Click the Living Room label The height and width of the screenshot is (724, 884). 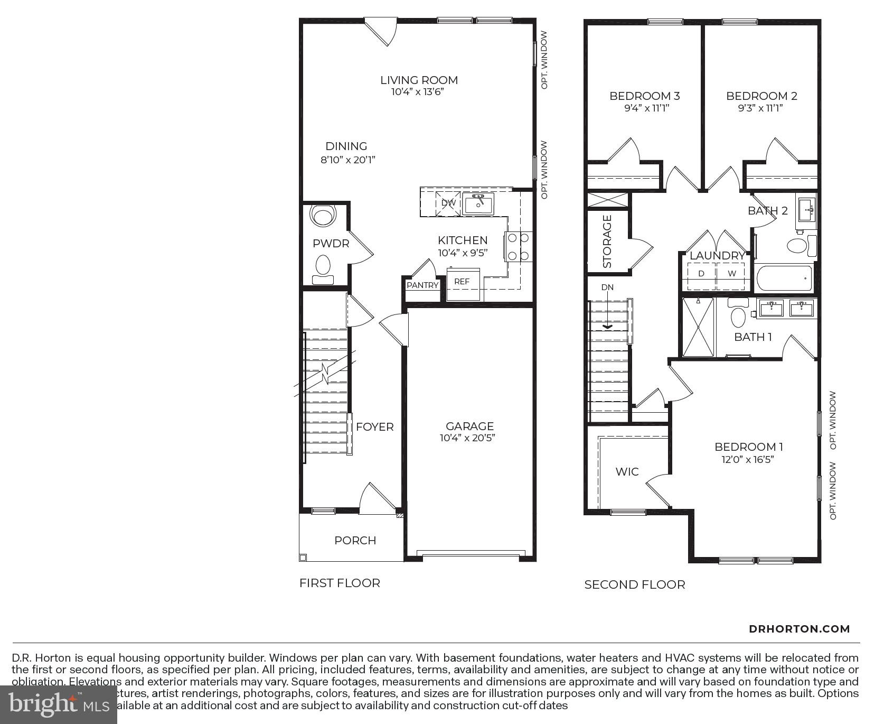click(x=419, y=80)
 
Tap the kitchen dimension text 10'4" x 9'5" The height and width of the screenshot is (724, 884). click(x=462, y=253)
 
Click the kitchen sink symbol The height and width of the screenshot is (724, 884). click(x=478, y=203)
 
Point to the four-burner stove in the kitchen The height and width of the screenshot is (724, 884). click(x=518, y=247)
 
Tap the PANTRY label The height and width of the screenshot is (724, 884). click(x=422, y=285)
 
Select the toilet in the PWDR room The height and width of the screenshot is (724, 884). click(x=322, y=267)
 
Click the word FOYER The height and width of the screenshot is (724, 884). click(x=374, y=427)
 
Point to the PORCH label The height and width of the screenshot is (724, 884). click(x=355, y=541)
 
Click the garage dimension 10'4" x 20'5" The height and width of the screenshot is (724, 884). click(x=467, y=438)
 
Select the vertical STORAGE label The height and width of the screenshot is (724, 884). click(x=607, y=242)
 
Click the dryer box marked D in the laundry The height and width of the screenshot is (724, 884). click(x=701, y=274)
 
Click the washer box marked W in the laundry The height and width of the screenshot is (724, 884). click(x=732, y=274)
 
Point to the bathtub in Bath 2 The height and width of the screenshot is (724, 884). click(x=784, y=279)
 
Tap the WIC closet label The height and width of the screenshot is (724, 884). click(x=627, y=472)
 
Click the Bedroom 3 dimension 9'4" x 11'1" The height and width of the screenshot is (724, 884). click(x=644, y=108)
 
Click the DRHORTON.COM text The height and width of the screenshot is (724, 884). click(x=799, y=629)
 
